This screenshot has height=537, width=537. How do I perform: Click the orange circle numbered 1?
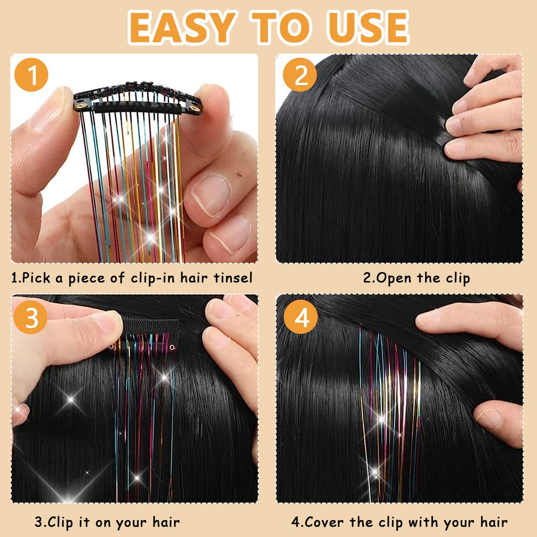pyautogui.click(x=31, y=75)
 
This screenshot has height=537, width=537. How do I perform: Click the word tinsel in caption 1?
pyautogui.click(x=233, y=278)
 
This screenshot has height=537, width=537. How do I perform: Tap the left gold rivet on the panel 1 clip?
pyautogui.click(x=82, y=106)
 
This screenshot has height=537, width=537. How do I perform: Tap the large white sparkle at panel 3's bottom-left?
pyautogui.click(x=71, y=400)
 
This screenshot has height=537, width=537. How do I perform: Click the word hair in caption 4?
pyautogui.click(x=494, y=522)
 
